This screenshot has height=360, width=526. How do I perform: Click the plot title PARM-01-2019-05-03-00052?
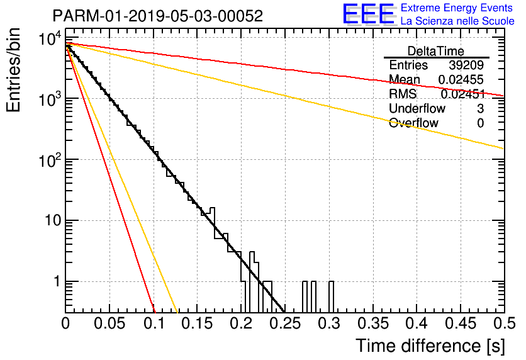click(x=158, y=16)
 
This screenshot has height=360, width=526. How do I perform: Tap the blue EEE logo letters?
click(x=368, y=14)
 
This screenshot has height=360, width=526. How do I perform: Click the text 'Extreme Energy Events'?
click(x=457, y=8)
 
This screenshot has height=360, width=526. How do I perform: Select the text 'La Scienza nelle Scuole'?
click(x=457, y=21)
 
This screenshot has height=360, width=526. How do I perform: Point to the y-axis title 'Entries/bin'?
click(x=13, y=70)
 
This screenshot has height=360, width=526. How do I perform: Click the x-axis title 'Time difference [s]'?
click(x=430, y=346)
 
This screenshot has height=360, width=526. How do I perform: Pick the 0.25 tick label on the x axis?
click(x=284, y=323)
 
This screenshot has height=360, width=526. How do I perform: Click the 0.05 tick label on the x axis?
click(x=109, y=323)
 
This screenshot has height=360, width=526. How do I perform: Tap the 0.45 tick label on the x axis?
click(x=461, y=323)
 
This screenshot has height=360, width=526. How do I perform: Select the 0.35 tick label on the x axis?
click(x=372, y=323)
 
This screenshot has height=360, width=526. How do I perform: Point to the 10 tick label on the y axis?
click(x=53, y=221)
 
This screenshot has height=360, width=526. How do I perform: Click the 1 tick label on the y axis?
click(x=57, y=281)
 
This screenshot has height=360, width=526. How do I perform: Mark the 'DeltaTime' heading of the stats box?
click(x=435, y=51)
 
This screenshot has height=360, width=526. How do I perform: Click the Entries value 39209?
click(x=466, y=65)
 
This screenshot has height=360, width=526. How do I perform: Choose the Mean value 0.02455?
click(x=461, y=80)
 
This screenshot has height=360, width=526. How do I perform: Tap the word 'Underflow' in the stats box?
click(x=417, y=108)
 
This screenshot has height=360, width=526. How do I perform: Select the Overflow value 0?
click(x=480, y=123)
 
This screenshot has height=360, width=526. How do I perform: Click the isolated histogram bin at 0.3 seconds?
click(x=331, y=296)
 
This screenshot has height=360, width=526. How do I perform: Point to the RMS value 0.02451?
click(x=463, y=94)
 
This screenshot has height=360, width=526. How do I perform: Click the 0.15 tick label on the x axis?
click(x=197, y=323)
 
